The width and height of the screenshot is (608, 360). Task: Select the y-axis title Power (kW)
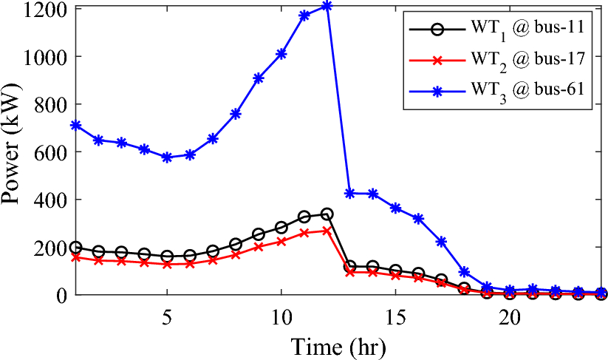click(x=14, y=152)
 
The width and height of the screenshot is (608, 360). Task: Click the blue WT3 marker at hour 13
click(x=350, y=194)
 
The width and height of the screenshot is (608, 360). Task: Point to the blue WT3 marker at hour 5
click(x=167, y=157)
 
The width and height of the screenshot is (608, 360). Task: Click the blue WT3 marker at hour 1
click(x=76, y=126)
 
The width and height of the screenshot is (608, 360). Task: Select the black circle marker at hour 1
click(x=76, y=248)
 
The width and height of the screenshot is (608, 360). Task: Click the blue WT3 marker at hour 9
click(x=259, y=78)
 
